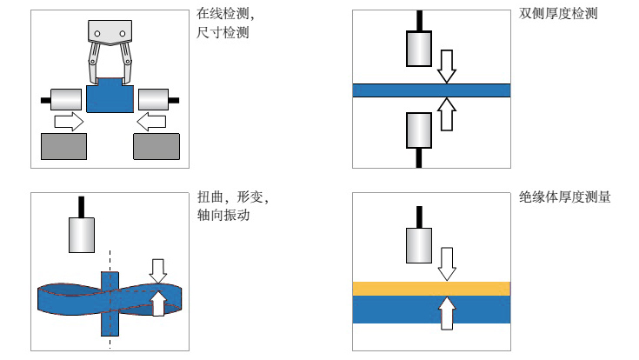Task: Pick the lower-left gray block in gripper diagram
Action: (63, 145)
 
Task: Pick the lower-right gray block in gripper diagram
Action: (156, 145)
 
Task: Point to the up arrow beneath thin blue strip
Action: (447, 114)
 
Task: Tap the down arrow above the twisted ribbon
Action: (157, 270)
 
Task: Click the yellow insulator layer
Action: (430, 289)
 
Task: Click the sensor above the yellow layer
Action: (421, 245)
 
